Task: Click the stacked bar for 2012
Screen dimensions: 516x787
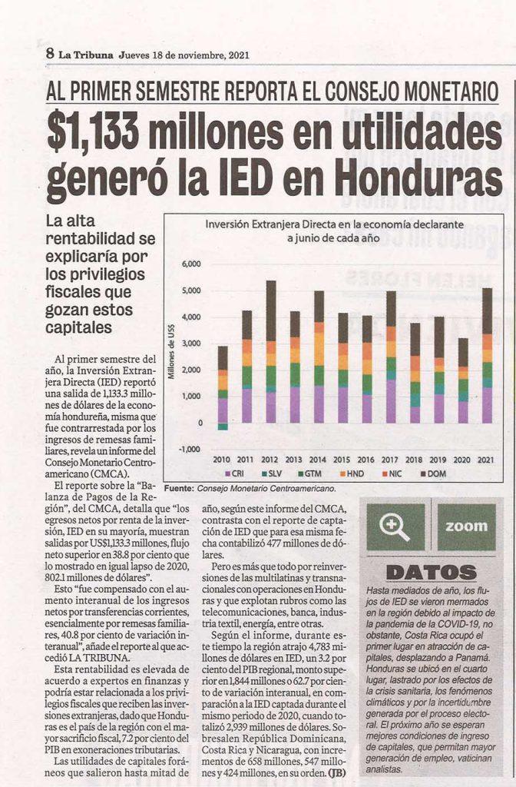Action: pyautogui.click(x=271, y=351)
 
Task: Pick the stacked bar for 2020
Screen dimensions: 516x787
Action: pyautogui.click(x=463, y=380)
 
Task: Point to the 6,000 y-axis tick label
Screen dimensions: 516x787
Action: pyautogui.click(x=190, y=264)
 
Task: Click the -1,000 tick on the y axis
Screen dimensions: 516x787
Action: pyautogui.click(x=190, y=449)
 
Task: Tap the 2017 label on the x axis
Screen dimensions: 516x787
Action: pyautogui.click(x=389, y=460)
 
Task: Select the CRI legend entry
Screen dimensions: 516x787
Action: pyautogui.click(x=234, y=473)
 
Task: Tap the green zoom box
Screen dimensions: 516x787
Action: pyautogui.click(x=466, y=527)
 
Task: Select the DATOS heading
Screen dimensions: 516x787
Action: pyautogui.click(x=432, y=572)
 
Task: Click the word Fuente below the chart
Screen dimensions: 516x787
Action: pyautogui.click(x=178, y=488)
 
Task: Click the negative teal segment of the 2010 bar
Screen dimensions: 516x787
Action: pyautogui.click(x=223, y=426)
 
